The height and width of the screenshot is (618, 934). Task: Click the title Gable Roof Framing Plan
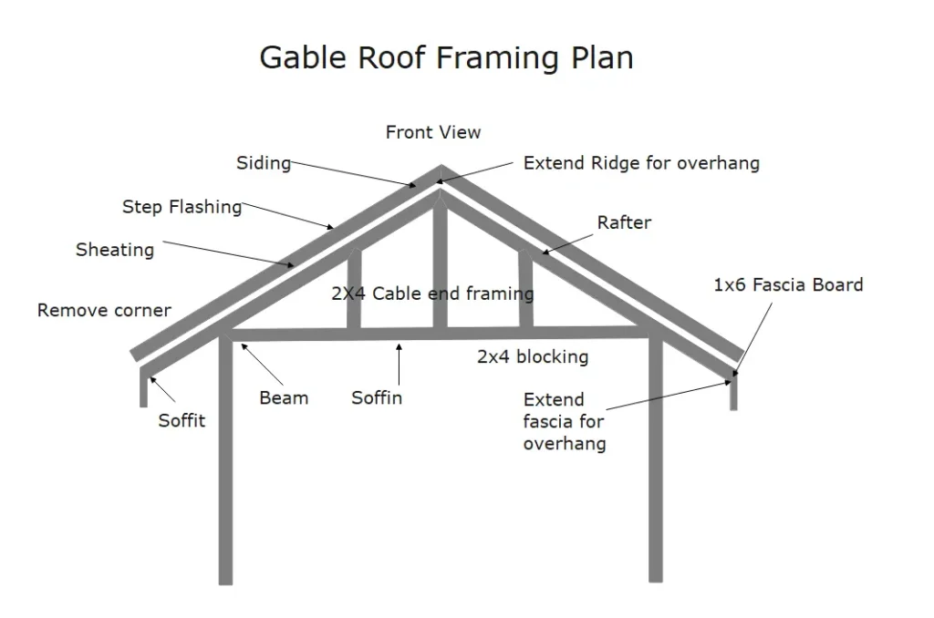[446, 57]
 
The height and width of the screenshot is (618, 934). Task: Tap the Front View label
[432, 132]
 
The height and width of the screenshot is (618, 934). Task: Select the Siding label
[264, 163]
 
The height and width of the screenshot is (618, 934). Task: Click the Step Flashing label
[182, 207]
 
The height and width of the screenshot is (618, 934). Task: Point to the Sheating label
[115, 249]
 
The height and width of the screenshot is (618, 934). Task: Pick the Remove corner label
[104, 310]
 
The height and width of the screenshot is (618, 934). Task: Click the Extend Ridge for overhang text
[641, 163]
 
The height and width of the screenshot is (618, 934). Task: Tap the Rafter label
[624, 222]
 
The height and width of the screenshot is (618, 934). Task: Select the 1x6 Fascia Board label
[788, 284]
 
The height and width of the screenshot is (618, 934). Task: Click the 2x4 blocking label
[533, 356]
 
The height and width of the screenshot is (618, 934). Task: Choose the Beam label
[284, 397]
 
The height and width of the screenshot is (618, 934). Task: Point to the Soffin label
[377, 397]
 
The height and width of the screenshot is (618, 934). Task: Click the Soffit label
[182, 420]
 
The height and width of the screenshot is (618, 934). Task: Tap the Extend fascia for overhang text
[565, 421]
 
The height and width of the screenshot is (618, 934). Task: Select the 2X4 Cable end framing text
[432, 294]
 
